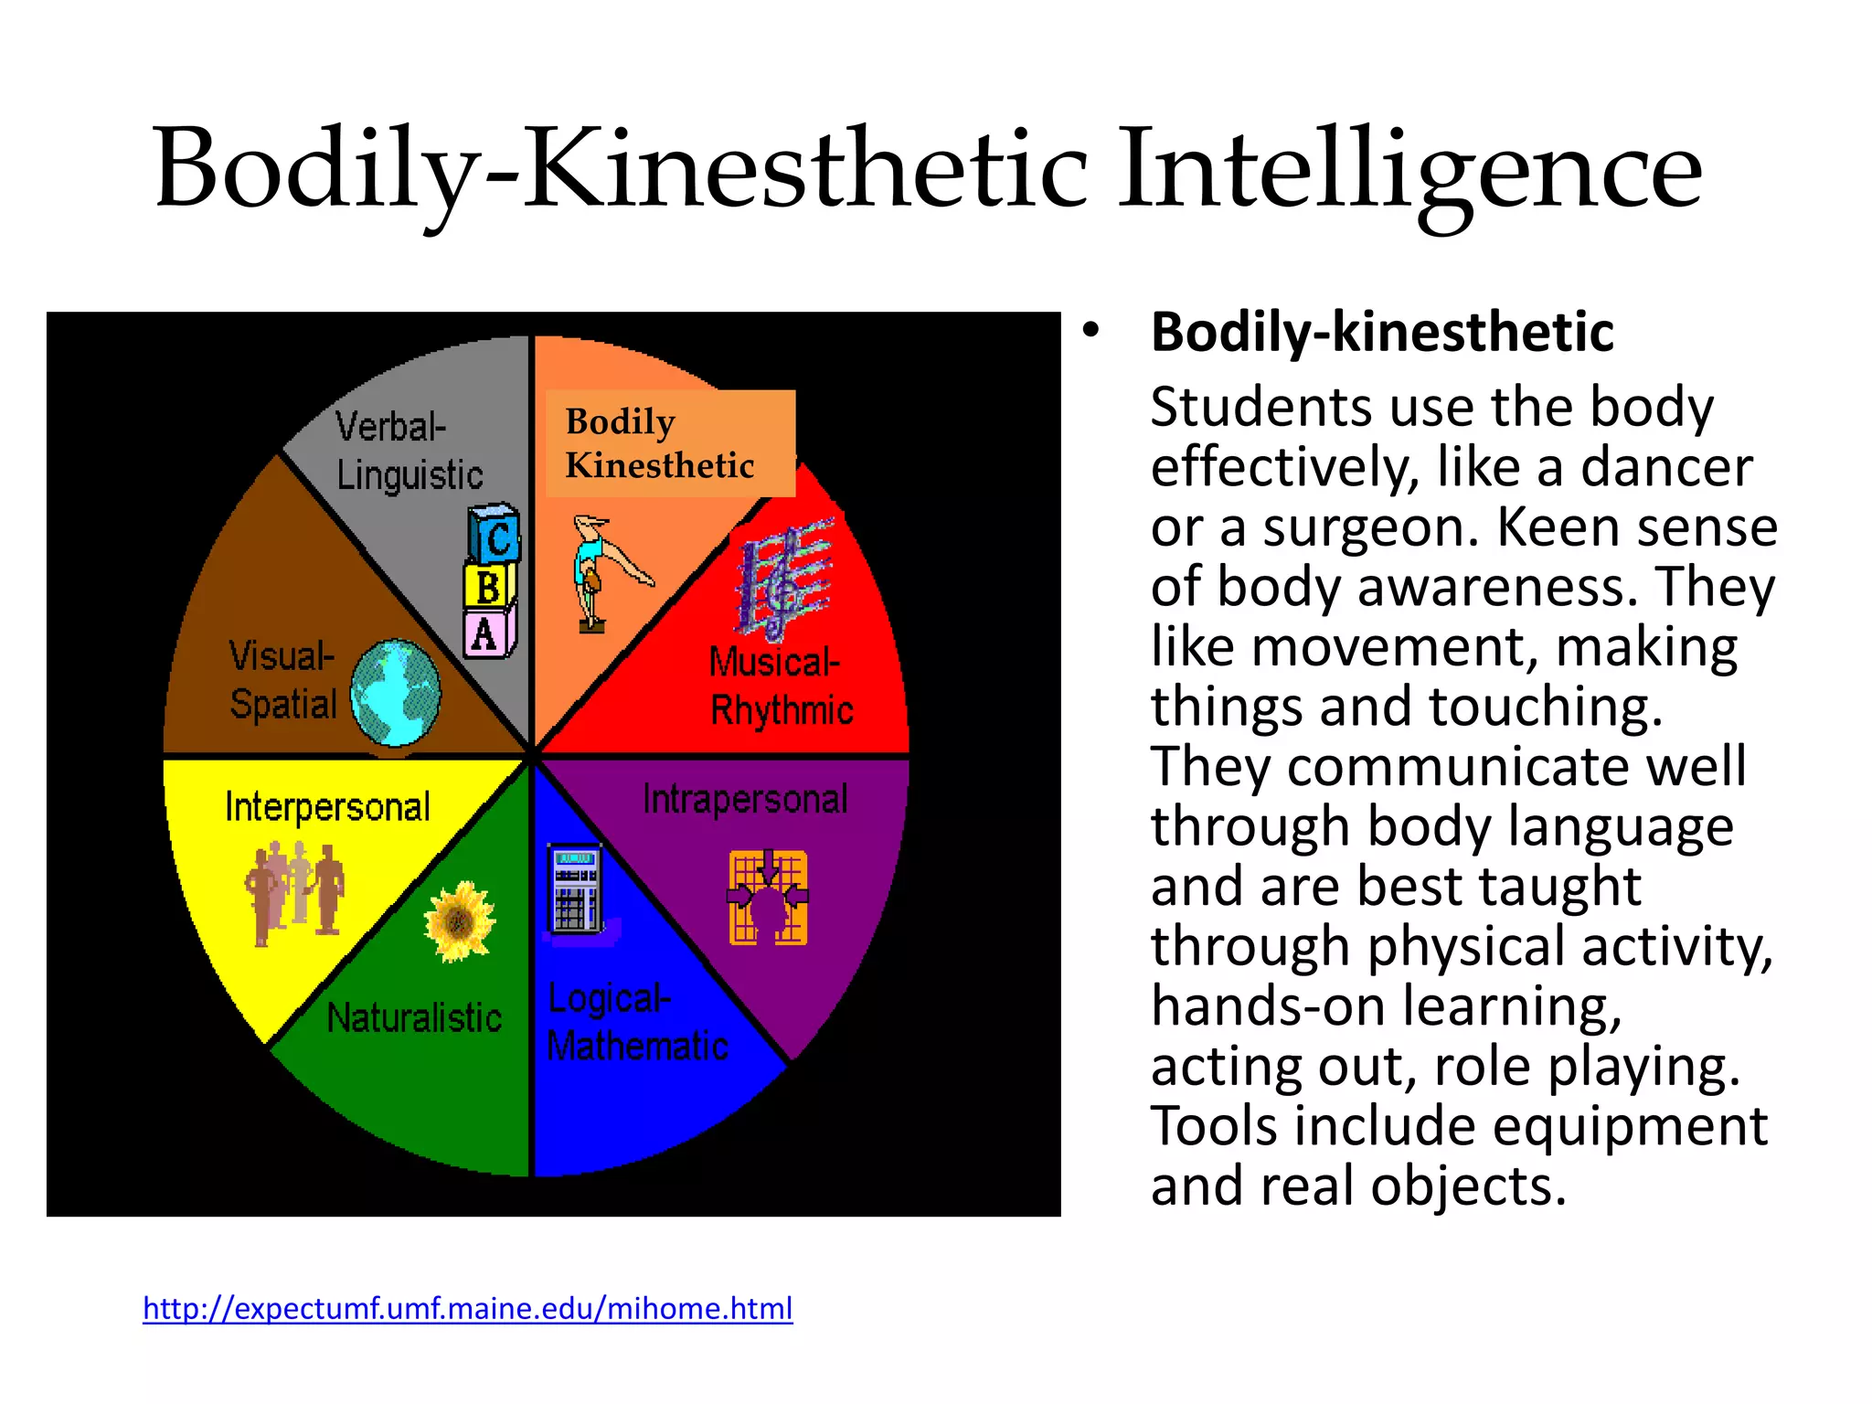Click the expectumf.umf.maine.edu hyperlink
coord(467,1309)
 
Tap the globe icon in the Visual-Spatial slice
coord(395,693)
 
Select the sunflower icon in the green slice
coord(459,921)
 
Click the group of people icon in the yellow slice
coord(294,892)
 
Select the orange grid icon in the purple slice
coord(768,897)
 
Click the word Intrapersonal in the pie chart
coord(745,799)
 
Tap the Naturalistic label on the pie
coord(414,1017)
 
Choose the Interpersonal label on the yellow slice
coord(327,807)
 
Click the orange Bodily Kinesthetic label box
coord(670,443)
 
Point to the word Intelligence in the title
coord(1410,169)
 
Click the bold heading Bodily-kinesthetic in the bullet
coord(1382,332)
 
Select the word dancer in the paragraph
coord(1667,467)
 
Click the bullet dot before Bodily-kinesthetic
coord(1090,330)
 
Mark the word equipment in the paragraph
coord(1614,1126)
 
